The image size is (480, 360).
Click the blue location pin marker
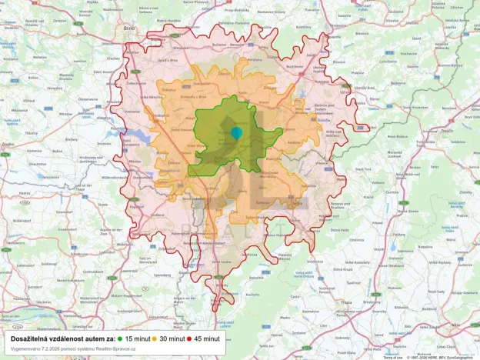[236, 132]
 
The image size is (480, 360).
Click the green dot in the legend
[122, 338]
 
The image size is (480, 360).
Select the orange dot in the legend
[155, 338]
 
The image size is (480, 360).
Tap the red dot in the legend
[189, 338]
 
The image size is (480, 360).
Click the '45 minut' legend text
[208, 338]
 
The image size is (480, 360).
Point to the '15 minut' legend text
[138, 338]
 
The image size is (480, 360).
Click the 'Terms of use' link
[392, 357]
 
